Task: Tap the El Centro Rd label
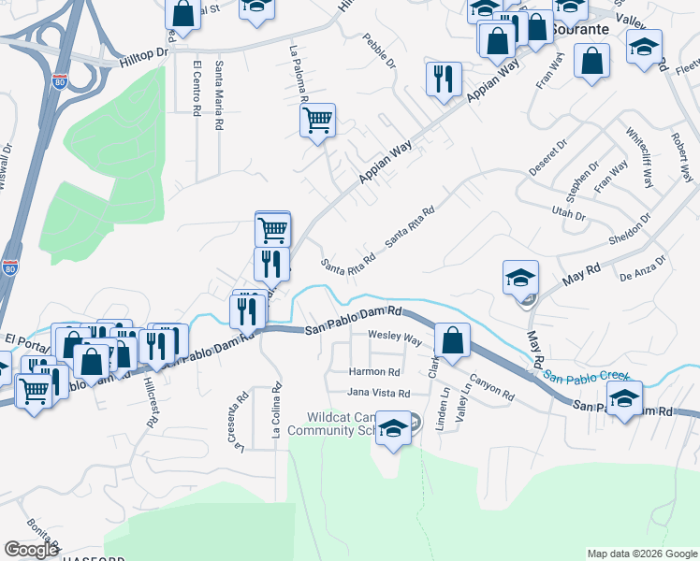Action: coord(197,89)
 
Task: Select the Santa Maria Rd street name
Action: coord(219,95)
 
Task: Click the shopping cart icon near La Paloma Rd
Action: coord(317,120)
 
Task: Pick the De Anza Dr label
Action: coord(642,269)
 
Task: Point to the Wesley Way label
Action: coord(395,336)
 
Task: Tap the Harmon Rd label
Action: coord(374,371)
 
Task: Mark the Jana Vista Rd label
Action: coord(380,392)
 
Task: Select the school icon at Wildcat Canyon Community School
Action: coord(394,429)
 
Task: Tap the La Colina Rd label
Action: coord(277,412)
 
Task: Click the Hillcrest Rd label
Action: coord(151,403)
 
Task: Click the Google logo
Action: coord(32,549)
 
